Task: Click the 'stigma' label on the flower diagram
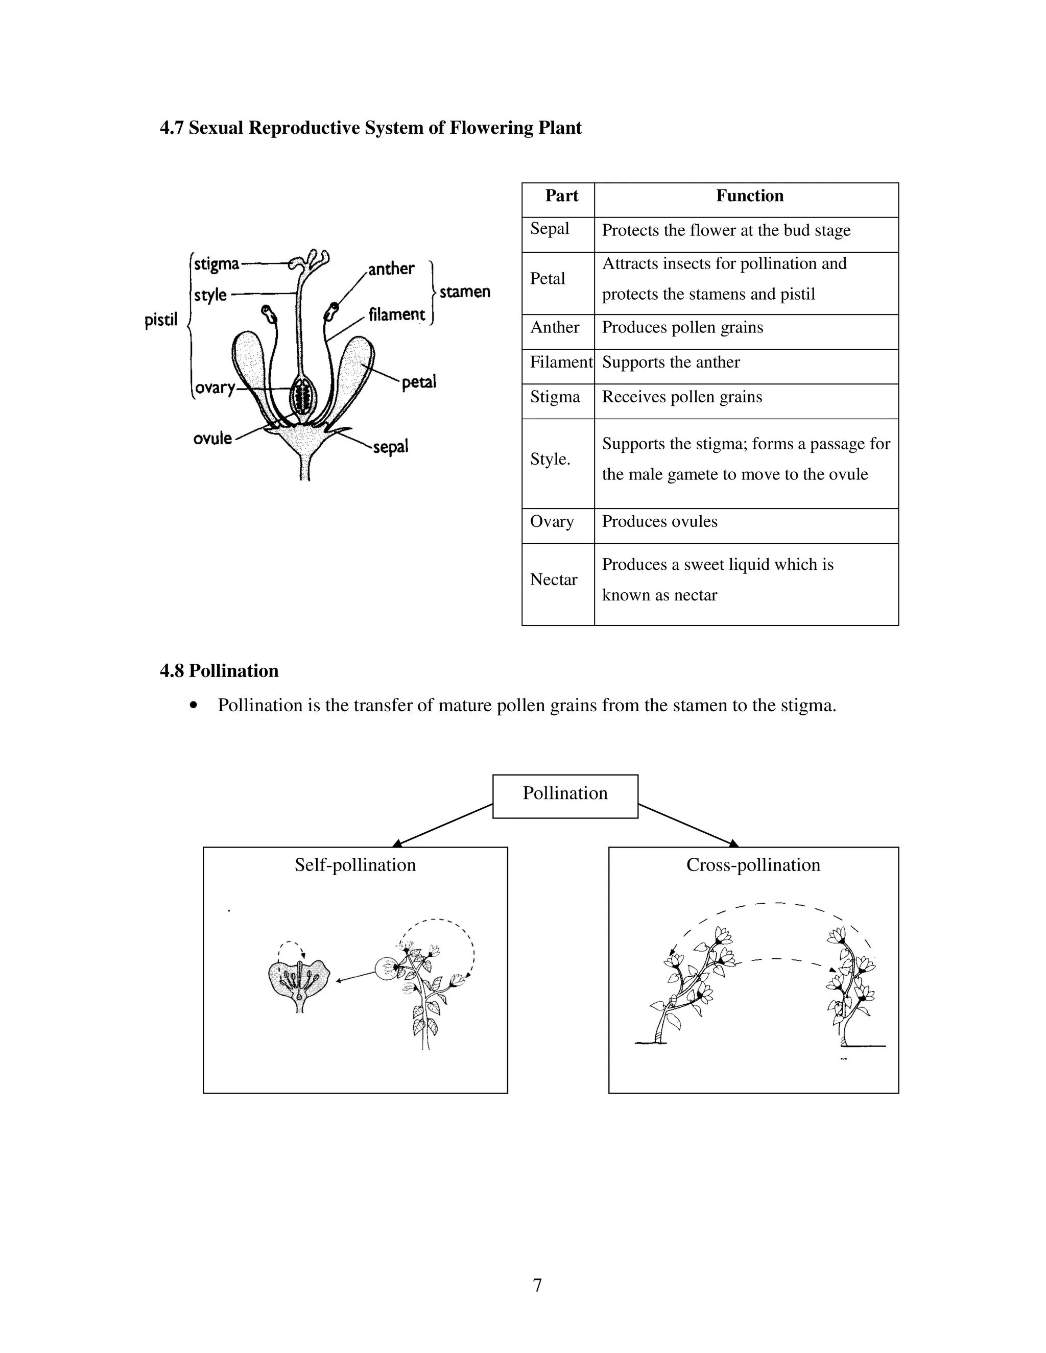pyautogui.click(x=216, y=264)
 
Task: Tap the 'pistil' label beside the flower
pyautogui.click(x=160, y=320)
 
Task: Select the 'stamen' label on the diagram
pyautogui.click(x=465, y=291)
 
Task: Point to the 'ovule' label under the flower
pyautogui.click(x=212, y=438)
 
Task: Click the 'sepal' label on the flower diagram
pyautogui.click(x=390, y=447)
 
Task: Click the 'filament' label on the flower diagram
pyautogui.click(x=396, y=314)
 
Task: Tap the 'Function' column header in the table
pyautogui.click(x=749, y=196)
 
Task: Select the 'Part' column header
pyautogui.click(x=561, y=196)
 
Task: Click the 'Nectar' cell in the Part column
pyautogui.click(x=553, y=580)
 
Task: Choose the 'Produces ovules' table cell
pyautogui.click(x=659, y=522)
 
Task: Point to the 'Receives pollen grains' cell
pyautogui.click(x=682, y=397)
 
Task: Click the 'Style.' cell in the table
pyautogui.click(x=550, y=459)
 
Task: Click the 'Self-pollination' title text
pyautogui.click(x=355, y=865)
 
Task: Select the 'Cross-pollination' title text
pyautogui.click(x=753, y=865)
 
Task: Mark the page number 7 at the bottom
pyautogui.click(x=537, y=1285)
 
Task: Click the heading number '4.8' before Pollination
pyautogui.click(x=172, y=671)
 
